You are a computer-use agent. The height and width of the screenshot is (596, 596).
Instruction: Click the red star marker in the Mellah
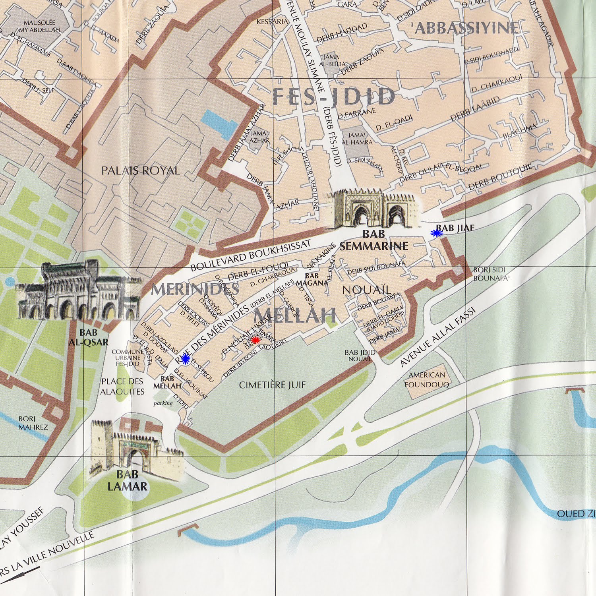click(255, 340)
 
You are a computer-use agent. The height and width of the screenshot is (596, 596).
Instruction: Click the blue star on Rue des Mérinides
click(185, 359)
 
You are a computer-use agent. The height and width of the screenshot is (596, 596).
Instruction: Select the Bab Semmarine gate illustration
click(373, 210)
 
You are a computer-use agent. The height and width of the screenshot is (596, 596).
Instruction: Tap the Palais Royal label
click(140, 171)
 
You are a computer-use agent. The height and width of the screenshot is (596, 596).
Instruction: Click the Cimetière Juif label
click(273, 385)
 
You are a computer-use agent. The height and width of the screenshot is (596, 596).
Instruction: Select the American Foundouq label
click(427, 380)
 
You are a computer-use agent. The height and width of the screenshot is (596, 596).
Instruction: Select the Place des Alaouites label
click(122, 387)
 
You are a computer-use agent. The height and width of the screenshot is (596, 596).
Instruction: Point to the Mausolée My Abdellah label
click(39, 26)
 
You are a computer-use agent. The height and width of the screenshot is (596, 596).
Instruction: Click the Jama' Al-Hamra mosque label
click(357, 139)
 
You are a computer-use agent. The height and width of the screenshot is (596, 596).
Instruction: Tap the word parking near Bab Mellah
click(163, 403)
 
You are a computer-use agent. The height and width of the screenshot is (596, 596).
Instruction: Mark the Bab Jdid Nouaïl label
click(360, 355)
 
